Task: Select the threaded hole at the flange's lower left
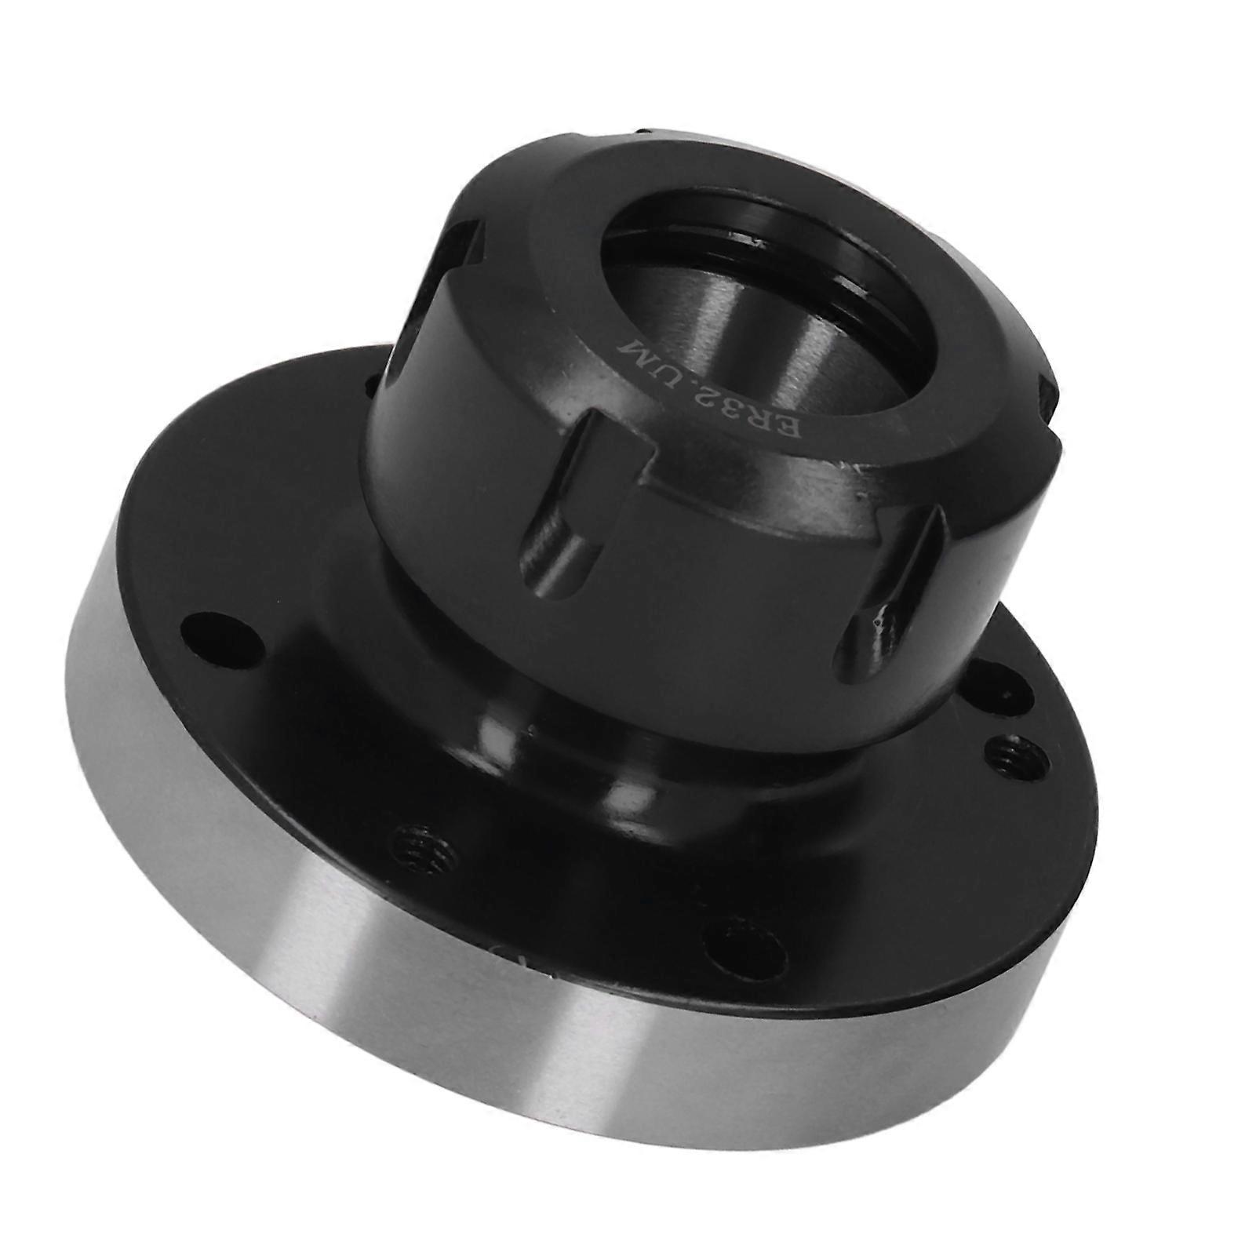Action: (x=424, y=848)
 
